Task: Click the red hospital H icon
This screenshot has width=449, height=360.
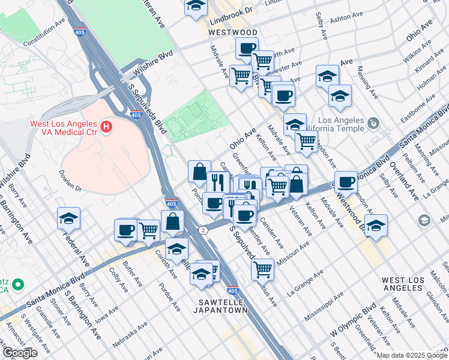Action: (106, 127)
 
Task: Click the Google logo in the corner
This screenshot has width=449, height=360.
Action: (19, 353)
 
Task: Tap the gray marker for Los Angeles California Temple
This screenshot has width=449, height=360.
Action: (373, 123)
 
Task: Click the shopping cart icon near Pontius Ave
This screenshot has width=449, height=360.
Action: (262, 269)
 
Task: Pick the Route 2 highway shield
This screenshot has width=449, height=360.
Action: (203, 230)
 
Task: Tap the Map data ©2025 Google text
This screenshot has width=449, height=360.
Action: (412, 355)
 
